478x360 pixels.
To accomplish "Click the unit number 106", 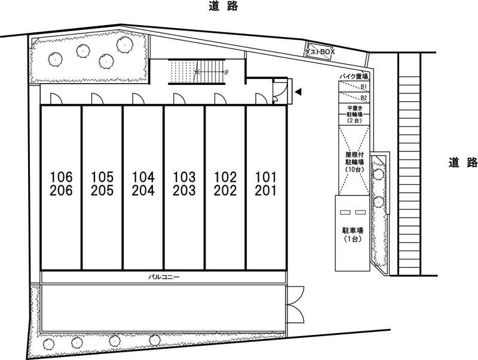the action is click(x=62, y=177).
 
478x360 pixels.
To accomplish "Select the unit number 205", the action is click(x=102, y=191).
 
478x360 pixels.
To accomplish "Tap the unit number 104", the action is click(x=143, y=177).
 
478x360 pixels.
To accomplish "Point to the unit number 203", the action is click(x=184, y=191).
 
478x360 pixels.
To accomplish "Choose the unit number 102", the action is click(x=225, y=177).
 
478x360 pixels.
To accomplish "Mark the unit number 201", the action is click(x=266, y=191).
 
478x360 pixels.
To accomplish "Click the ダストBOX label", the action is click(x=320, y=52).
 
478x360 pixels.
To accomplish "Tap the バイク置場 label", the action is click(x=354, y=77).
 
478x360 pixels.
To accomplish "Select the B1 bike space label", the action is click(x=364, y=87).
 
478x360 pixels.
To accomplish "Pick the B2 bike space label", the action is click(x=364, y=98).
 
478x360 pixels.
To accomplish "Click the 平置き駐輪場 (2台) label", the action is click(x=354, y=114).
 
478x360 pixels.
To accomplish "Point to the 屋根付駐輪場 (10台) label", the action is click(x=354, y=162).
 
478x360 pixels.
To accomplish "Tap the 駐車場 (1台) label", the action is click(x=353, y=234).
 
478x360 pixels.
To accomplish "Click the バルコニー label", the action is click(x=164, y=277).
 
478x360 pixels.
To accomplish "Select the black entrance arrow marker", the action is click(x=298, y=91).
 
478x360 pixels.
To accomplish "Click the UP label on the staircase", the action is click(x=226, y=72).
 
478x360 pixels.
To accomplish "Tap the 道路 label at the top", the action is click(x=223, y=6).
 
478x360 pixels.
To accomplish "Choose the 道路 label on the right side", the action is click(x=462, y=162).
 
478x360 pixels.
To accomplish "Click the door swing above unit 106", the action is click(x=56, y=99).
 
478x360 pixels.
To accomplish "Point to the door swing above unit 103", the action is click(x=179, y=99).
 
